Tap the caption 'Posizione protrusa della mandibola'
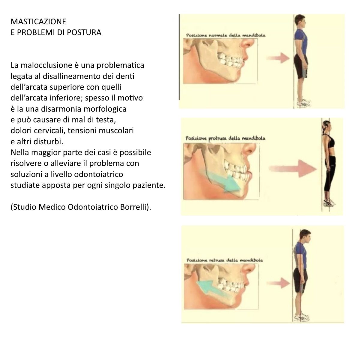(x=225, y=138)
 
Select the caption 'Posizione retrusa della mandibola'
(x=224, y=260)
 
